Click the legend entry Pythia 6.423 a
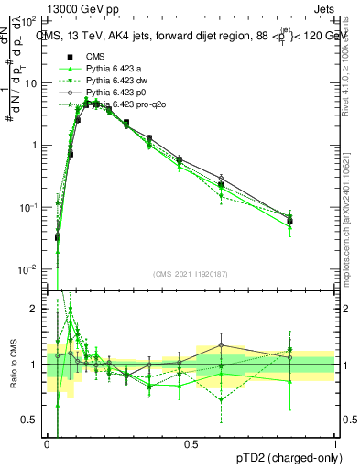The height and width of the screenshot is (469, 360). [112, 69]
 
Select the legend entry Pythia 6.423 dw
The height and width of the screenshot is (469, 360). [115, 81]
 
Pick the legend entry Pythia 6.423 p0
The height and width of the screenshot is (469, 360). [114, 93]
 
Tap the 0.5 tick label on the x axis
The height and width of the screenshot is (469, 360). [191, 442]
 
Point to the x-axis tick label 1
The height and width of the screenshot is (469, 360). [335, 442]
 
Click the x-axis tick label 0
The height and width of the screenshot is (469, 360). [47, 442]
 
